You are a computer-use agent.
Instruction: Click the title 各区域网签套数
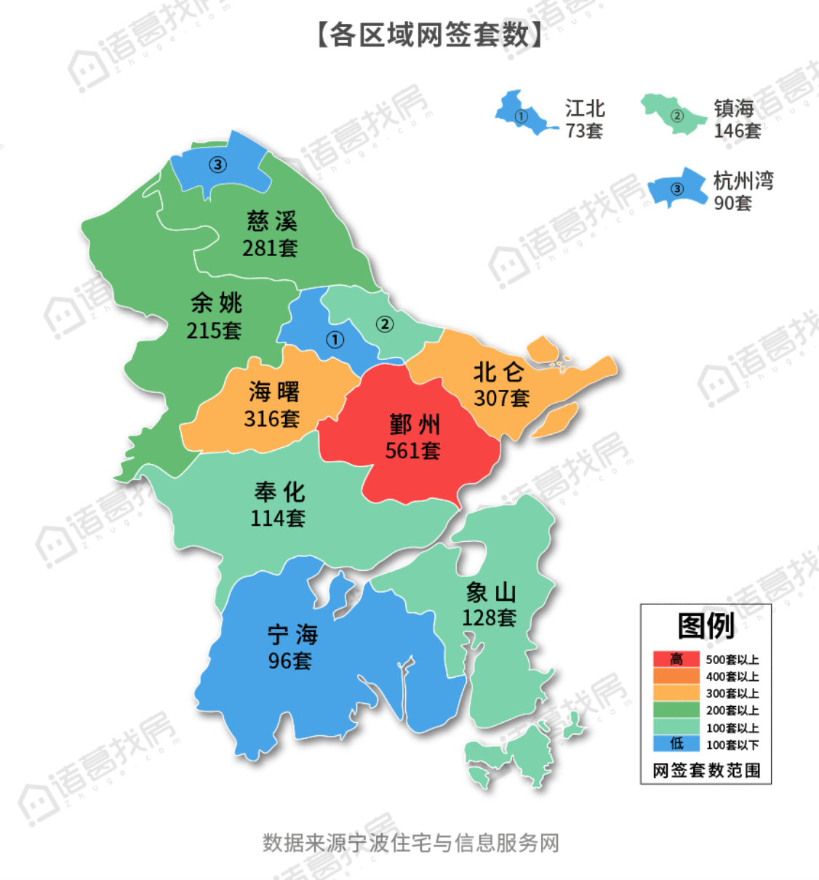click(x=429, y=34)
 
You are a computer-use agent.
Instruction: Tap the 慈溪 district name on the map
click(x=271, y=221)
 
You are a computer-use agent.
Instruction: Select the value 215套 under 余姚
click(x=214, y=331)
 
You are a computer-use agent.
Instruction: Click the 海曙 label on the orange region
click(x=273, y=392)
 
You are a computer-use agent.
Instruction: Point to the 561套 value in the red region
click(x=412, y=451)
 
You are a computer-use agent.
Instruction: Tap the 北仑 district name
click(x=498, y=372)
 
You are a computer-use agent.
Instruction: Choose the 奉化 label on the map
click(x=279, y=492)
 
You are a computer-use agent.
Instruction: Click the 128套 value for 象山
click(x=489, y=618)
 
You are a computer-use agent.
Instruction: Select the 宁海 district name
click(x=292, y=635)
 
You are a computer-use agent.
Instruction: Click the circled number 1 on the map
click(x=335, y=340)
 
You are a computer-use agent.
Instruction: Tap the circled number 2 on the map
click(x=385, y=324)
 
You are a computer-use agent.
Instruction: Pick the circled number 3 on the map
click(x=217, y=164)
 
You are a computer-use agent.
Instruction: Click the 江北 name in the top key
click(x=585, y=109)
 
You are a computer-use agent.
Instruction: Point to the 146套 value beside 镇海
click(x=737, y=131)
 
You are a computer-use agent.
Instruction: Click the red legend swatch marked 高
click(x=676, y=660)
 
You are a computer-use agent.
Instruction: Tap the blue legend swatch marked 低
click(x=676, y=744)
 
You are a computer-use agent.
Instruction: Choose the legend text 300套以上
click(x=732, y=694)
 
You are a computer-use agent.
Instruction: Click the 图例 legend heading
click(x=705, y=625)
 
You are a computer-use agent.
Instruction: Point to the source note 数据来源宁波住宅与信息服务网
click(x=410, y=843)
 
